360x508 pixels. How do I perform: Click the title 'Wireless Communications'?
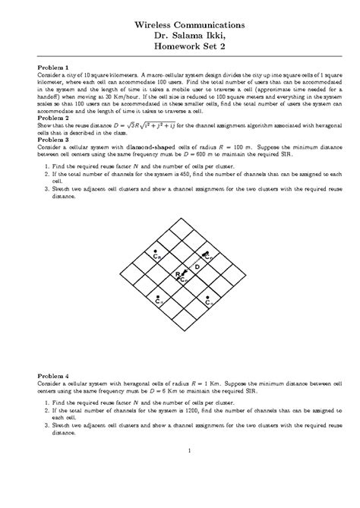coord(180,25)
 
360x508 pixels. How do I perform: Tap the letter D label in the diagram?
coord(196,267)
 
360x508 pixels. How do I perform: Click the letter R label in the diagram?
coord(177,273)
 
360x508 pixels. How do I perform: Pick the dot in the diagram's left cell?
coord(156,251)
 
